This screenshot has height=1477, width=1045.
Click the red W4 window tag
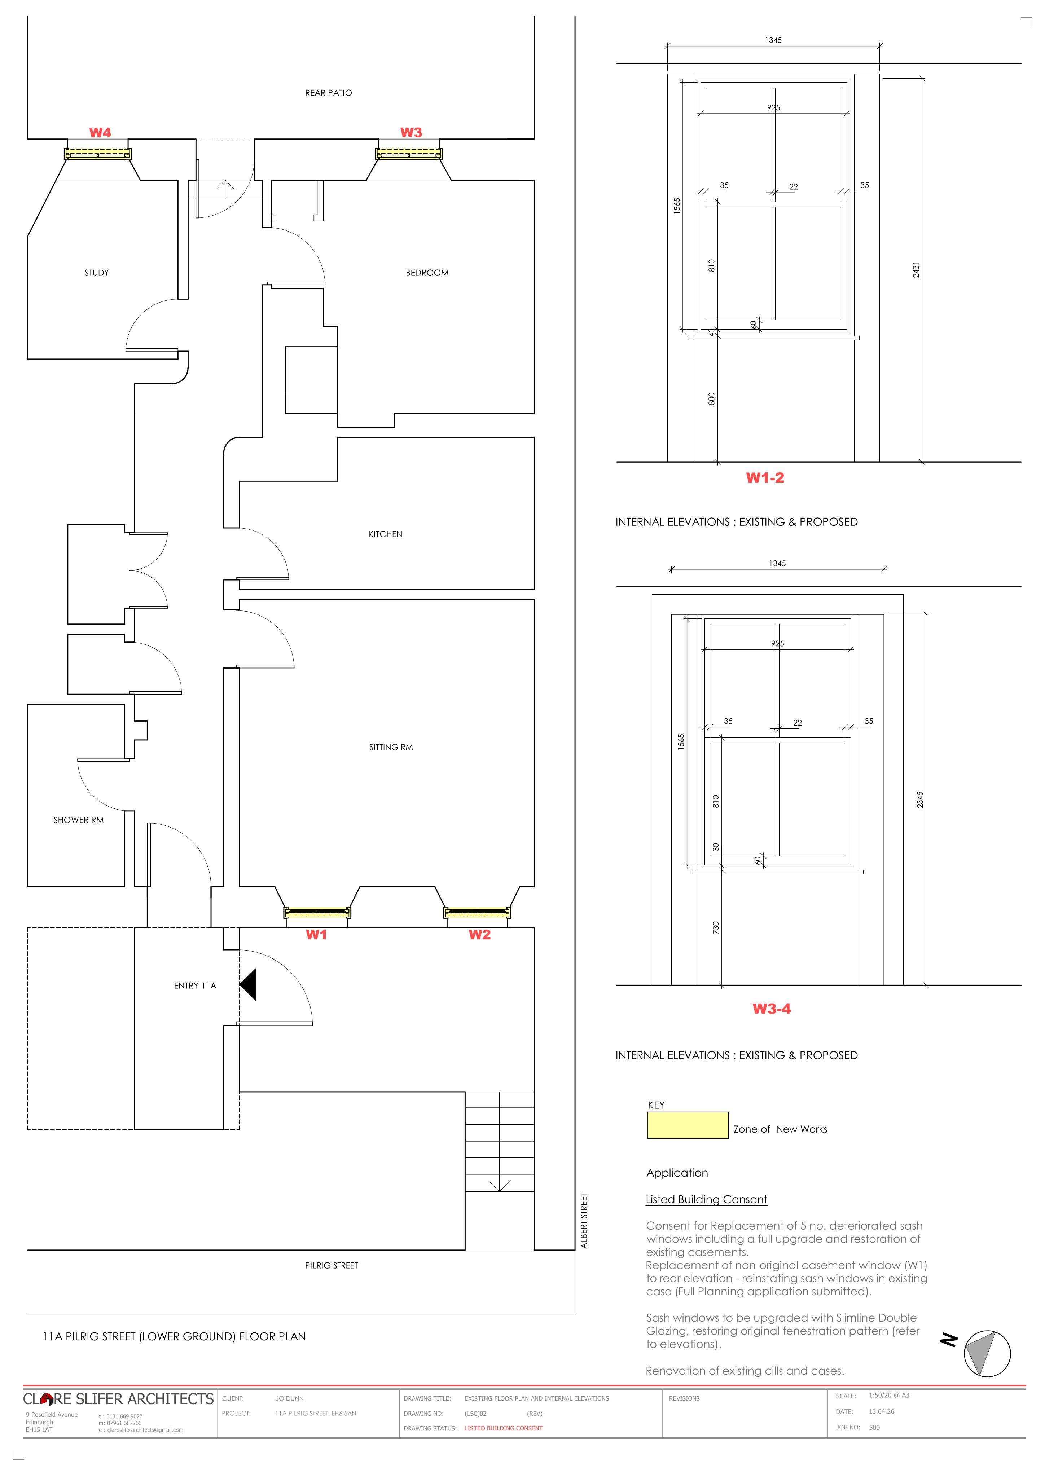(100, 132)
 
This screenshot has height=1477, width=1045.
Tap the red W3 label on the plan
(411, 132)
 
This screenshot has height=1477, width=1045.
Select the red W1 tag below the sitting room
(316, 935)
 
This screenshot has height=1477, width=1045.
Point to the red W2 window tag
(479, 935)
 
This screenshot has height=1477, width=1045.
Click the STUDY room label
(97, 273)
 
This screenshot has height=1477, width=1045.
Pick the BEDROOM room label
(427, 273)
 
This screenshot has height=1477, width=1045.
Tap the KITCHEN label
(386, 534)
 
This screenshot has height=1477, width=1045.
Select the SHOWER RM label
(79, 820)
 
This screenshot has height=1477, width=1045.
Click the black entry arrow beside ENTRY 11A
(249, 985)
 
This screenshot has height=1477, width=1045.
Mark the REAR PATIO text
(328, 93)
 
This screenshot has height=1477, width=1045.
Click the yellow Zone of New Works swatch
(688, 1125)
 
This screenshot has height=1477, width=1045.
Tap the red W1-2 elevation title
(765, 478)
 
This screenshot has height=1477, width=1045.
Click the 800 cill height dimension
(712, 399)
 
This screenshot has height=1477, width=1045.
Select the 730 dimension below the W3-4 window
(716, 927)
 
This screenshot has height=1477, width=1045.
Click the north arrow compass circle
(987, 1353)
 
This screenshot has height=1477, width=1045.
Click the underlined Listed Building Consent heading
(707, 1200)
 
